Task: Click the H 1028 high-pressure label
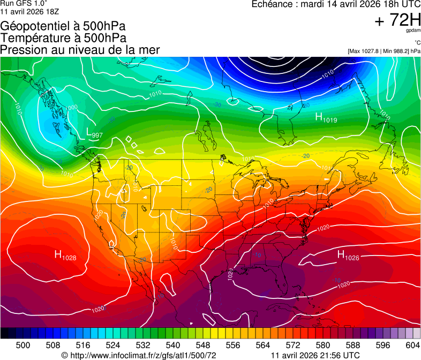65,256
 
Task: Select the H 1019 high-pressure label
326,117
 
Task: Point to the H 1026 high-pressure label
348,256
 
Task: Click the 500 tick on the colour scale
23,346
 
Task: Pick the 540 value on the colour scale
173,346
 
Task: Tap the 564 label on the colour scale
263,346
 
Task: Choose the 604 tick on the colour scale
413,346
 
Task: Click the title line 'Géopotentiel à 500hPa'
63,26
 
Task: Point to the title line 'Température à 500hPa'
63,38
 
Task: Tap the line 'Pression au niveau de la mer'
80,50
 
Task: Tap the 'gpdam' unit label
414,31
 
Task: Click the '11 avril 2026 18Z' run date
31,11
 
